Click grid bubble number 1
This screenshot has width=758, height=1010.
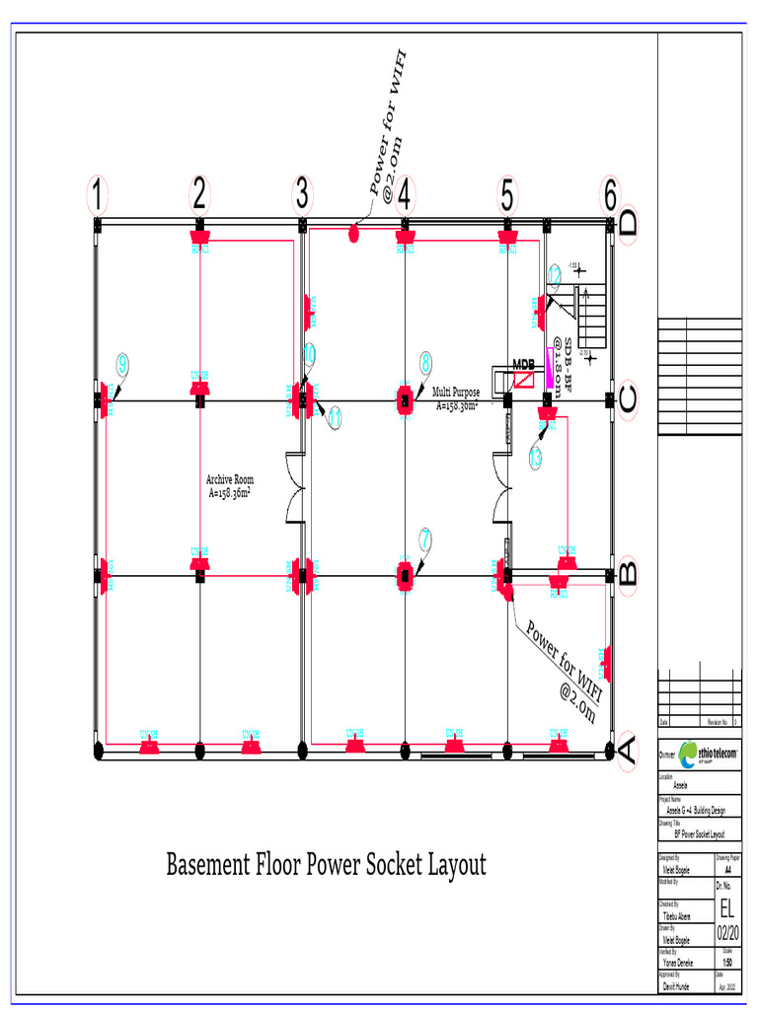coord(97,195)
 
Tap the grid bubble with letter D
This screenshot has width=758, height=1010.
coord(629,225)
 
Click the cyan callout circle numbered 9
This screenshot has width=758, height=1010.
coord(121,363)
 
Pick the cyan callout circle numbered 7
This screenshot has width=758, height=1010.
coord(425,539)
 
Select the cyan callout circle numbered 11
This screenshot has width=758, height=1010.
coord(335,418)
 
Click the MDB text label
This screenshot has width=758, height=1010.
coord(523,364)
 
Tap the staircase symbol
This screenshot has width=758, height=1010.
coord(592,314)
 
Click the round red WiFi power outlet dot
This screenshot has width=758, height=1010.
coord(353,234)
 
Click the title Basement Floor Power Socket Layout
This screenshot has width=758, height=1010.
coord(326,865)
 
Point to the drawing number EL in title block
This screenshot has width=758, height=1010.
coord(725,906)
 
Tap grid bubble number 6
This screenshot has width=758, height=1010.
coord(610,195)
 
